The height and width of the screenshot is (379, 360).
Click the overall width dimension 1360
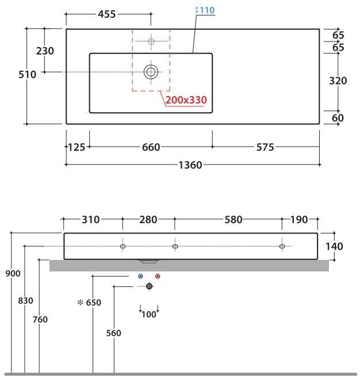coord(190,165)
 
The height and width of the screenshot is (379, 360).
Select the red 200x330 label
coord(186,100)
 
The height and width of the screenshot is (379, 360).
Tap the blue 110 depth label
coord(208,10)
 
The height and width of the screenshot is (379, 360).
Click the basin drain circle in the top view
coord(151,72)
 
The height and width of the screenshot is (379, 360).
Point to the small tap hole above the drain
coord(151,41)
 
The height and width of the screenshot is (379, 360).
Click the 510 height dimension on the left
coord(27,74)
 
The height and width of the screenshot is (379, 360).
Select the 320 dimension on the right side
coord(338,81)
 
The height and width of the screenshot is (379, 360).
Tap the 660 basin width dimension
coord(151,147)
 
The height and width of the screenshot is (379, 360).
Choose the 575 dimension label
coord(265,147)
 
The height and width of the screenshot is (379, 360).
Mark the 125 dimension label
coord(76,147)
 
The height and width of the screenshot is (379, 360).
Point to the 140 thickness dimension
coord(334,246)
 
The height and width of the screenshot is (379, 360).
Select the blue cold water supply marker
coord(141,276)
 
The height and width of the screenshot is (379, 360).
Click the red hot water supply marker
coord(158,276)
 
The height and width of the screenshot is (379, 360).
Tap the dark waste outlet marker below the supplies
coord(150,286)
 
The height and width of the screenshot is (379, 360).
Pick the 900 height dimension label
coord(13,273)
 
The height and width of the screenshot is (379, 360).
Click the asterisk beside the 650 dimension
coord(80,302)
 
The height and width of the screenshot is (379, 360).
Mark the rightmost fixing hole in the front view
coord(282,247)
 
